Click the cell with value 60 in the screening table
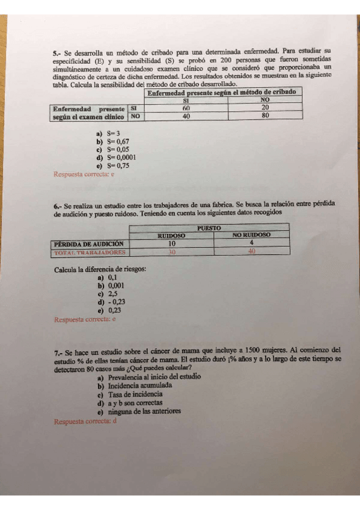click(x=186, y=108)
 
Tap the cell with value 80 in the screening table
click(x=265, y=116)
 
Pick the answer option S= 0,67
click(x=118, y=142)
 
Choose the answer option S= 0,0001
click(x=120, y=158)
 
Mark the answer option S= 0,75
click(x=118, y=165)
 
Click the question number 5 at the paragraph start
click(x=56, y=53)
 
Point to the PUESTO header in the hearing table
click(x=210, y=228)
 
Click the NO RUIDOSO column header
click(x=252, y=235)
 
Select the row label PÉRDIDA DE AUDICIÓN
click(x=88, y=244)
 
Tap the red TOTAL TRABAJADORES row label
click(x=88, y=253)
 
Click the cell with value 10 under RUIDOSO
click(x=171, y=244)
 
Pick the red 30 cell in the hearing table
click(x=171, y=253)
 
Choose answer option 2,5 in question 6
click(x=112, y=295)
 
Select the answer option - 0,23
click(x=116, y=303)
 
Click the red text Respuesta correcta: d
click(x=85, y=422)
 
